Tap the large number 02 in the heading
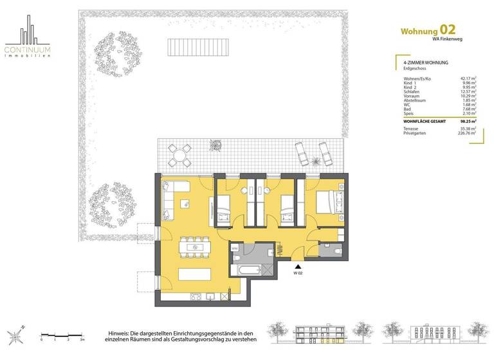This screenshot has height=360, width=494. tap(448, 30)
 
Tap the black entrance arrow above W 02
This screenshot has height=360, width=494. tap(298, 265)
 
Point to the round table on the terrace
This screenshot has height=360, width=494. tap(179, 154)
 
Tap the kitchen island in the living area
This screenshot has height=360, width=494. tap(192, 274)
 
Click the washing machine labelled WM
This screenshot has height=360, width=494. tap(235, 247)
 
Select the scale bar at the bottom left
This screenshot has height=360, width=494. tap(60, 334)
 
